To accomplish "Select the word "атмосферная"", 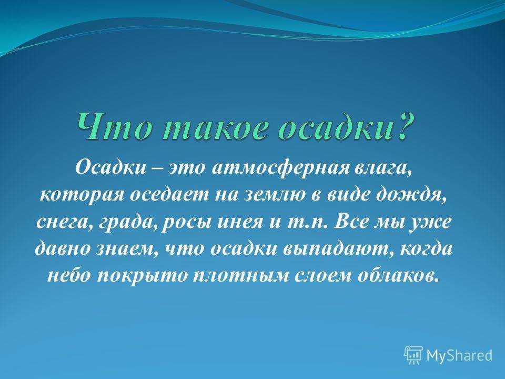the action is tap(280, 169).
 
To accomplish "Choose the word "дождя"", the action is tap(411, 195).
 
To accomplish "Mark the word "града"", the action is tap(126, 222).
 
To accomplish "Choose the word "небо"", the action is tap(69, 275).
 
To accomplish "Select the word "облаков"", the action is tap(398, 275).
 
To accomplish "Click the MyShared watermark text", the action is tap(459, 355).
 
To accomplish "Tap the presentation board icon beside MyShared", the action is tap(413, 355).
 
